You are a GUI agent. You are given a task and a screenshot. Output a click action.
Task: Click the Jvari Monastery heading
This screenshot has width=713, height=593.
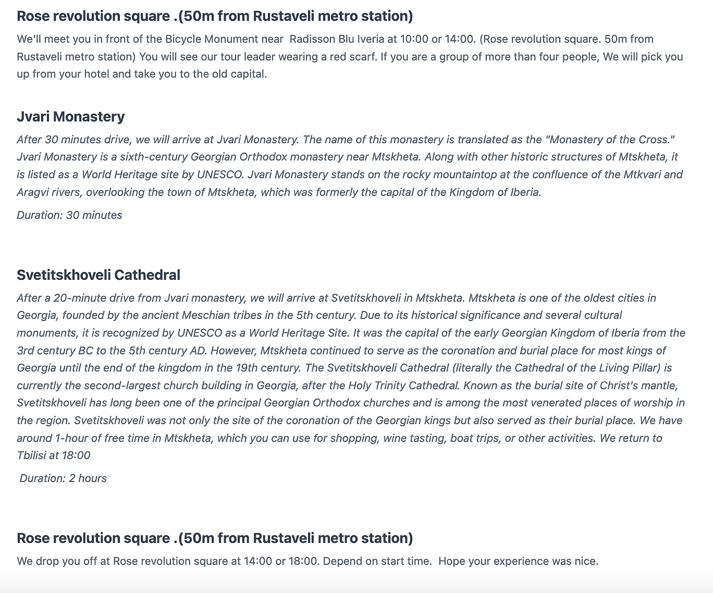(x=71, y=116)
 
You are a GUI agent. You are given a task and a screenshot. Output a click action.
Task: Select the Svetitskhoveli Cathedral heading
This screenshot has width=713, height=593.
(x=99, y=275)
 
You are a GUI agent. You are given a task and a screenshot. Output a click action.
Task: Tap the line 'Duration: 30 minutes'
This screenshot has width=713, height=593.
(x=70, y=215)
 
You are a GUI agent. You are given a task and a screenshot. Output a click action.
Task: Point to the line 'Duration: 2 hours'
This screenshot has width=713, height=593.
(x=63, y=478)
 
